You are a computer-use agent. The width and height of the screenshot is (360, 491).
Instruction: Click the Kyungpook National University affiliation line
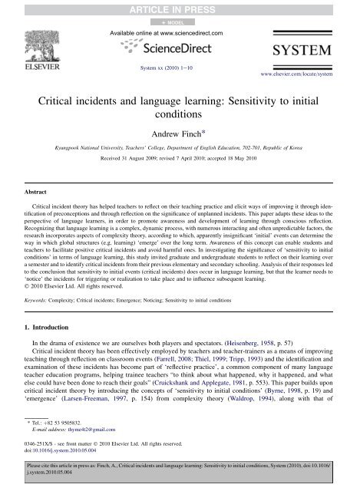click(180, 143)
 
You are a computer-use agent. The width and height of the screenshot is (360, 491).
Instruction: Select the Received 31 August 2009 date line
click(180, 157)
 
